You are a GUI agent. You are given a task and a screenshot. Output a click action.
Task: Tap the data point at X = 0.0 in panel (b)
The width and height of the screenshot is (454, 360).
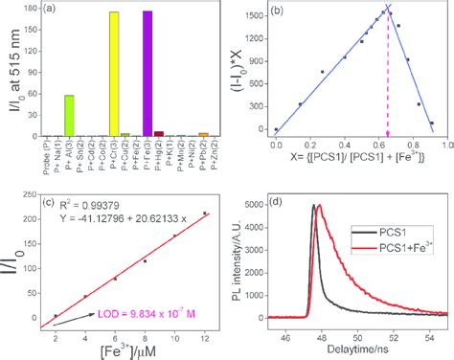pos(276,129)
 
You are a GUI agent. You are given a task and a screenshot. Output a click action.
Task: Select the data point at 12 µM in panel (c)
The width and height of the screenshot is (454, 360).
pos(204,213)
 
